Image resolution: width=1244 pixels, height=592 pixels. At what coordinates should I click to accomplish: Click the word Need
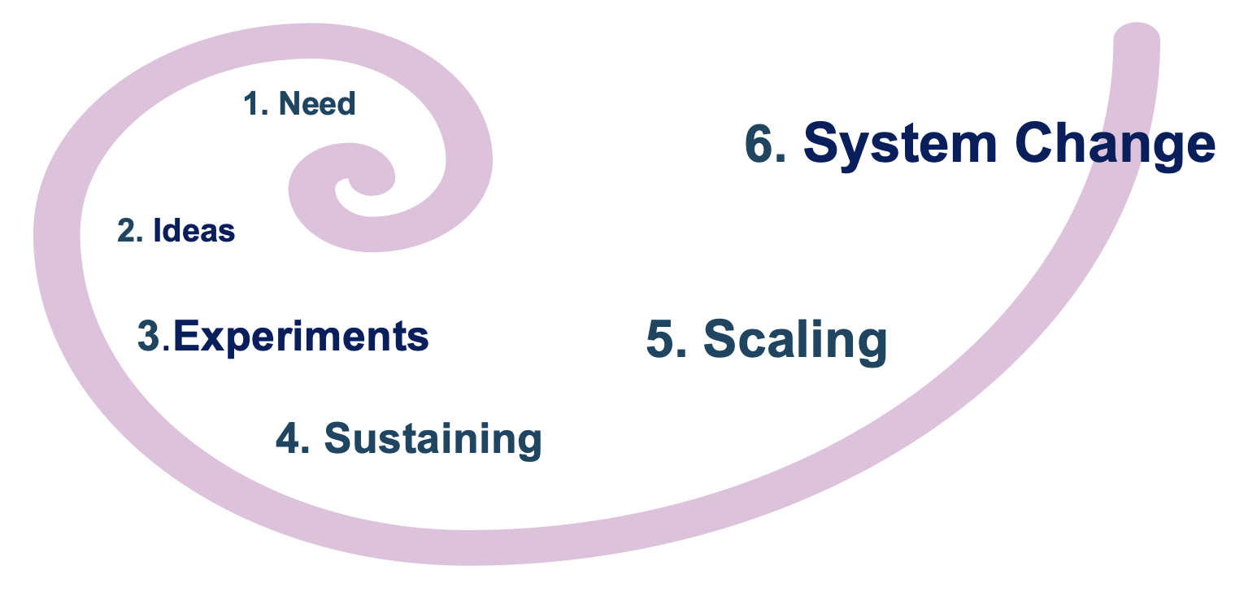click(317, 104)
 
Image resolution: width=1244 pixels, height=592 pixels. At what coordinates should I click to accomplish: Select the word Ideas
click(194, 231)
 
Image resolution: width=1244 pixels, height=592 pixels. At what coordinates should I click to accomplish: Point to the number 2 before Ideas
click(127, 231)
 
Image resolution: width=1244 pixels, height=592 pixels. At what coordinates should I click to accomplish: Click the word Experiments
click(301, 337)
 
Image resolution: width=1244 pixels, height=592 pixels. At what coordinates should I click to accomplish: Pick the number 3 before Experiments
click(150, 337)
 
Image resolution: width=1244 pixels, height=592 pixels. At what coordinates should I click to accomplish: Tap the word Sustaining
click(433, 439)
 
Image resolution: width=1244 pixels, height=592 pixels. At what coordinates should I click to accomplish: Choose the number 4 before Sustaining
click(288, 439)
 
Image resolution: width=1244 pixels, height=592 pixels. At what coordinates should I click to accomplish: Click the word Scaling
click(794, 339)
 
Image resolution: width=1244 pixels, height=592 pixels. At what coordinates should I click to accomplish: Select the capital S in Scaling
click(722, 339)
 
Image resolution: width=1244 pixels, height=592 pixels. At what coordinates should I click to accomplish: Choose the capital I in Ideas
click(158, 231)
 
